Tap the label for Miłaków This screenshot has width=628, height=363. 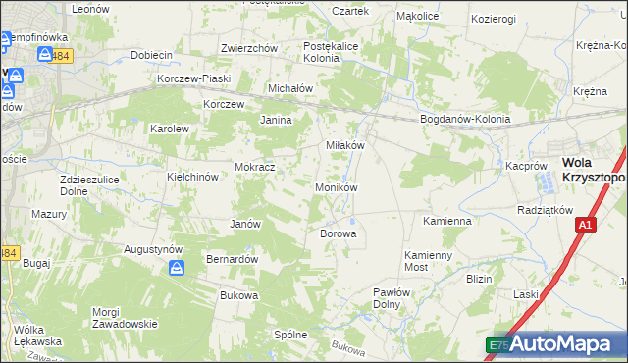click(344, 144)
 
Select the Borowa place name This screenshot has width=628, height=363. click(338, 234)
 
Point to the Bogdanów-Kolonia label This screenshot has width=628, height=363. click(465, 120)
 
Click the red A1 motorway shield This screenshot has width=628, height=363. click(585, 226)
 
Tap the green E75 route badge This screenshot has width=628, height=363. click(498, 345)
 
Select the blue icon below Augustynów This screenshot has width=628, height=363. click(176, 267)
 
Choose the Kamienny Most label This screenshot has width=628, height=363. click(430, 260)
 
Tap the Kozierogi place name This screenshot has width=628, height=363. click(493, 19)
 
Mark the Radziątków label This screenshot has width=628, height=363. click(545, 211)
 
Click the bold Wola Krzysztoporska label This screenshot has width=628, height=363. click(594, 171)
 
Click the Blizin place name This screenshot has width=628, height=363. click(479, 279)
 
